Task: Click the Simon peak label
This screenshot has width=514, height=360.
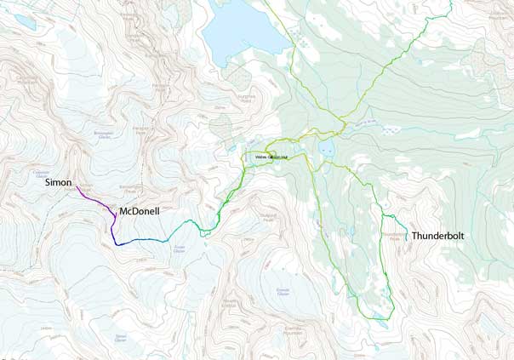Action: coord(59,182)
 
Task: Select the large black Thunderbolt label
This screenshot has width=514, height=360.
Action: coord(437,235)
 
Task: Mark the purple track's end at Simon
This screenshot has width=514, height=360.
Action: coord(77,186)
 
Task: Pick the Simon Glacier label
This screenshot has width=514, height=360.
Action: coord(120,338)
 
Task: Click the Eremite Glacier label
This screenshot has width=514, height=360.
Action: coord(283,292)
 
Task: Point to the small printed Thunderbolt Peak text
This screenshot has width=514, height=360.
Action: coord(393,236)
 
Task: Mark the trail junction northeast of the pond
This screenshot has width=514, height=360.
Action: coord(342,130)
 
